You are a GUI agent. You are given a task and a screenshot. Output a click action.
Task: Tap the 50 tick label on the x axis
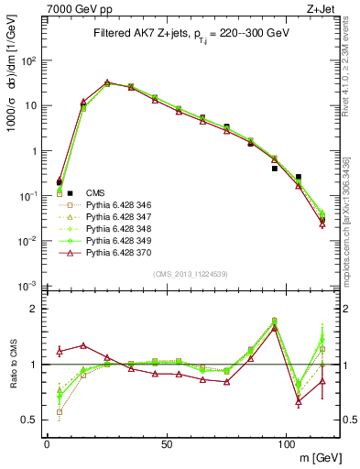pos(167,443)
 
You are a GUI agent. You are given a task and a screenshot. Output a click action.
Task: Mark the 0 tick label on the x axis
pos(47,443)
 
